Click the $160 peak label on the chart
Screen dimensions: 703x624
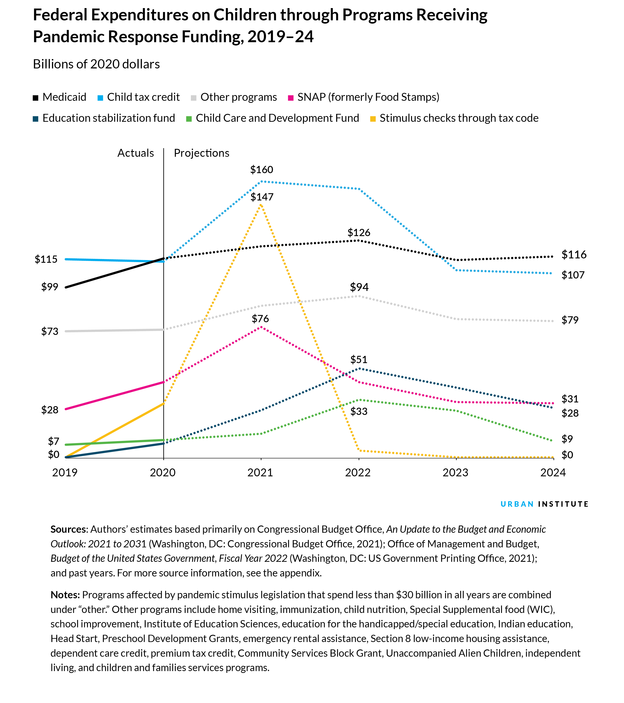pos(261,170)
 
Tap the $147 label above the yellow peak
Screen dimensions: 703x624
pos(262,197)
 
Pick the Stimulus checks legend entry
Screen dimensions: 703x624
pos(454,118)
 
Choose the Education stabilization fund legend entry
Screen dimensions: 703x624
pos(104,118)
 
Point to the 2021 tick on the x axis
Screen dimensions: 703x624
pos(260,473)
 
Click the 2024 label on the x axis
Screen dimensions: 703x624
pos(553,473)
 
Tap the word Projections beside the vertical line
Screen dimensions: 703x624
pos(202,153)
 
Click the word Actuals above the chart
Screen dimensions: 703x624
pos(136,153)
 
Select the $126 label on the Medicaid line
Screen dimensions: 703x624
pos(359,233)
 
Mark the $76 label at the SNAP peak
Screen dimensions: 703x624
pos(260,319)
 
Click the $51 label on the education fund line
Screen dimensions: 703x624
pos(359,360)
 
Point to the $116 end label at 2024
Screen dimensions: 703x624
pos(574,255)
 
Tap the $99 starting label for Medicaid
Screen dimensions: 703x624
pos(50,287)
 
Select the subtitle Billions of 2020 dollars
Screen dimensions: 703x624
pos(96,64)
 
